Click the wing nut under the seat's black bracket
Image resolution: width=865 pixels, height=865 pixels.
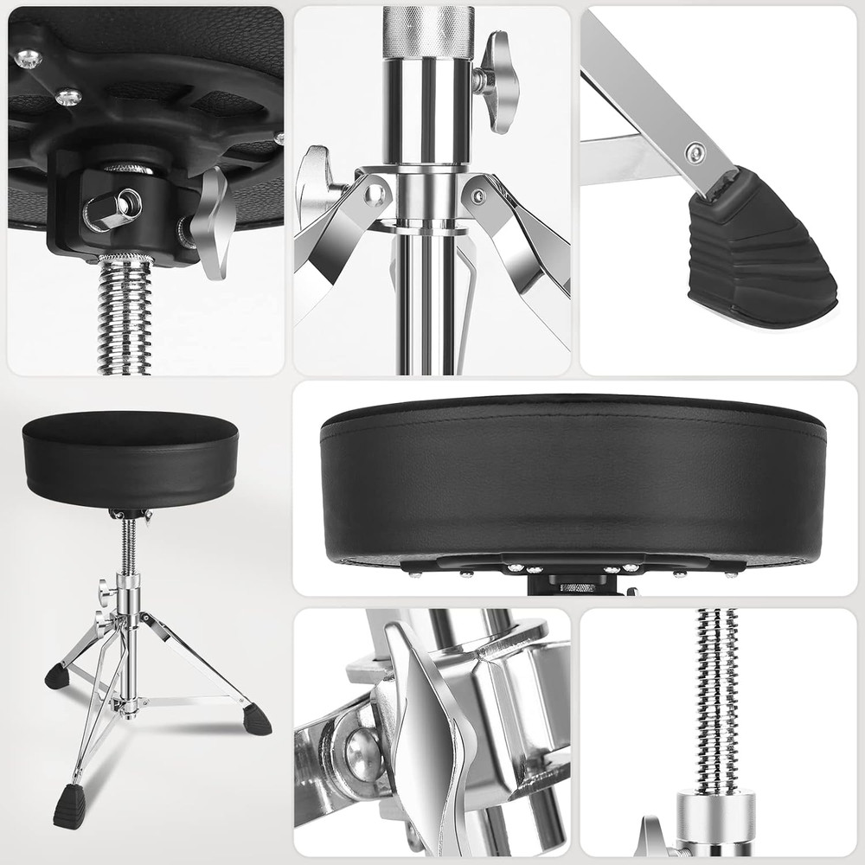[211, 220]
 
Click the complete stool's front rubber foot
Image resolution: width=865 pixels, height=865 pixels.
[70, 805]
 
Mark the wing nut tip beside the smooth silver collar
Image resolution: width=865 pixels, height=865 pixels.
[648, 844]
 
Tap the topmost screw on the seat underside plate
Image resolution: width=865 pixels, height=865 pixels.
[28, 56]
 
